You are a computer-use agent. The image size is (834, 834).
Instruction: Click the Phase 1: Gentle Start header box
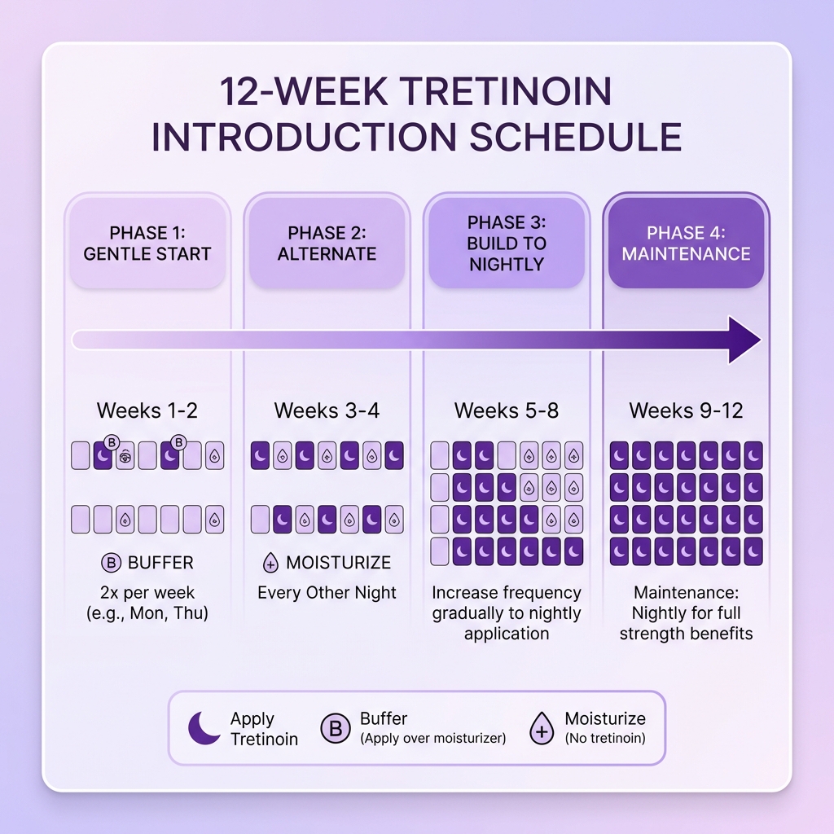(x=147, y=243)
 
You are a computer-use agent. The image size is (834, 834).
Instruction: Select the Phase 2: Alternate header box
(x=327, y=243)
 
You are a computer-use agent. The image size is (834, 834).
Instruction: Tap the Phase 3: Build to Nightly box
(x=507, y=243)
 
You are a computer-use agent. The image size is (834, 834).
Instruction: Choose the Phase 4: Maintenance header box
(x=686, y=243)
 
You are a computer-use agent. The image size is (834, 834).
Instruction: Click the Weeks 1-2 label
(x=147, y=410)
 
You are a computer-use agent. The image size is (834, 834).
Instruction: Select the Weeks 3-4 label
(x=326, y=410)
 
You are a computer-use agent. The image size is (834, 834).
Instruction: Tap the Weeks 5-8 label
(x=507, y=410)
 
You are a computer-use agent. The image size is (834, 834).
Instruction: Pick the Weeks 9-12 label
(x=686, y=410)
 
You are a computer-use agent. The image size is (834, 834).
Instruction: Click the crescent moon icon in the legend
(x=204, y=728)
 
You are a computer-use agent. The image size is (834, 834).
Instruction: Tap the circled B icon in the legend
(x=335, y=728)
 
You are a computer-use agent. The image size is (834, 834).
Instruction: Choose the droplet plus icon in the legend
(x=542, y=728)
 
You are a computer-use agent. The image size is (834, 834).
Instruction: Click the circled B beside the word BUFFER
(x=111, y=563)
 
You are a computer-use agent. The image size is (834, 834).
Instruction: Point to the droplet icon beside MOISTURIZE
(x=272, y=563)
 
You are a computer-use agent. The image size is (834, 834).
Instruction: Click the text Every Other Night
(x=327, y=592)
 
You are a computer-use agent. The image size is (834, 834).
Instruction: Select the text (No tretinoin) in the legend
(x=604, y=739)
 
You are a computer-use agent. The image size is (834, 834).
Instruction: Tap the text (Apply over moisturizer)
(x=432, y=739)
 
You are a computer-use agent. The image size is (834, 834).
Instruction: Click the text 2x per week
(x=147, y=592)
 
